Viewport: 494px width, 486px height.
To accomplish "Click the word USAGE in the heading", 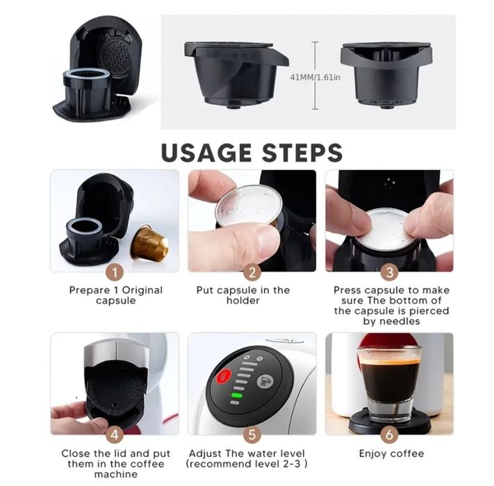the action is [206, 153].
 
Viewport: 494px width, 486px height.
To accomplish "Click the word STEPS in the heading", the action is [302, 153].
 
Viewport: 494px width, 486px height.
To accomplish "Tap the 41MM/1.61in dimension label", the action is [315, 77].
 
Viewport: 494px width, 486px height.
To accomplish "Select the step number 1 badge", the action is [115, 272].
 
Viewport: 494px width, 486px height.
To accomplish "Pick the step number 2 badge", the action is [252, 272].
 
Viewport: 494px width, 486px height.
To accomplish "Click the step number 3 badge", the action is [389, 272].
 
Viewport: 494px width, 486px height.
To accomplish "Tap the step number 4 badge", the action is [115, 435].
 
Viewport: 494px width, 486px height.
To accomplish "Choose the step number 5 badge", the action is [252, 435].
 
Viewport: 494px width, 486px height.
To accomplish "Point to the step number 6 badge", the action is [389, 435].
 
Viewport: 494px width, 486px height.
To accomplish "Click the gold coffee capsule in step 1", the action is [149, 242].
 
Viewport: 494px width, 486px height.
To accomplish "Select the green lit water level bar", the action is [237, 395].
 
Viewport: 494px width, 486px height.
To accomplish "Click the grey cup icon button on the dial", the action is [265, 381].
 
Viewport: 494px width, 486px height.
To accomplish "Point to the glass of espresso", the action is [389, 385].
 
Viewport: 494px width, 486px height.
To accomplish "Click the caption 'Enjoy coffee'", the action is [391, 453].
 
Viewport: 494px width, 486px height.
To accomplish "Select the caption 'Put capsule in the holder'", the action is [243, 295].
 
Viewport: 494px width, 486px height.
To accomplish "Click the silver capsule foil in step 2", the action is [249, 206].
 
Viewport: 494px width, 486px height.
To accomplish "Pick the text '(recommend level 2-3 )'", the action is [247, 464].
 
